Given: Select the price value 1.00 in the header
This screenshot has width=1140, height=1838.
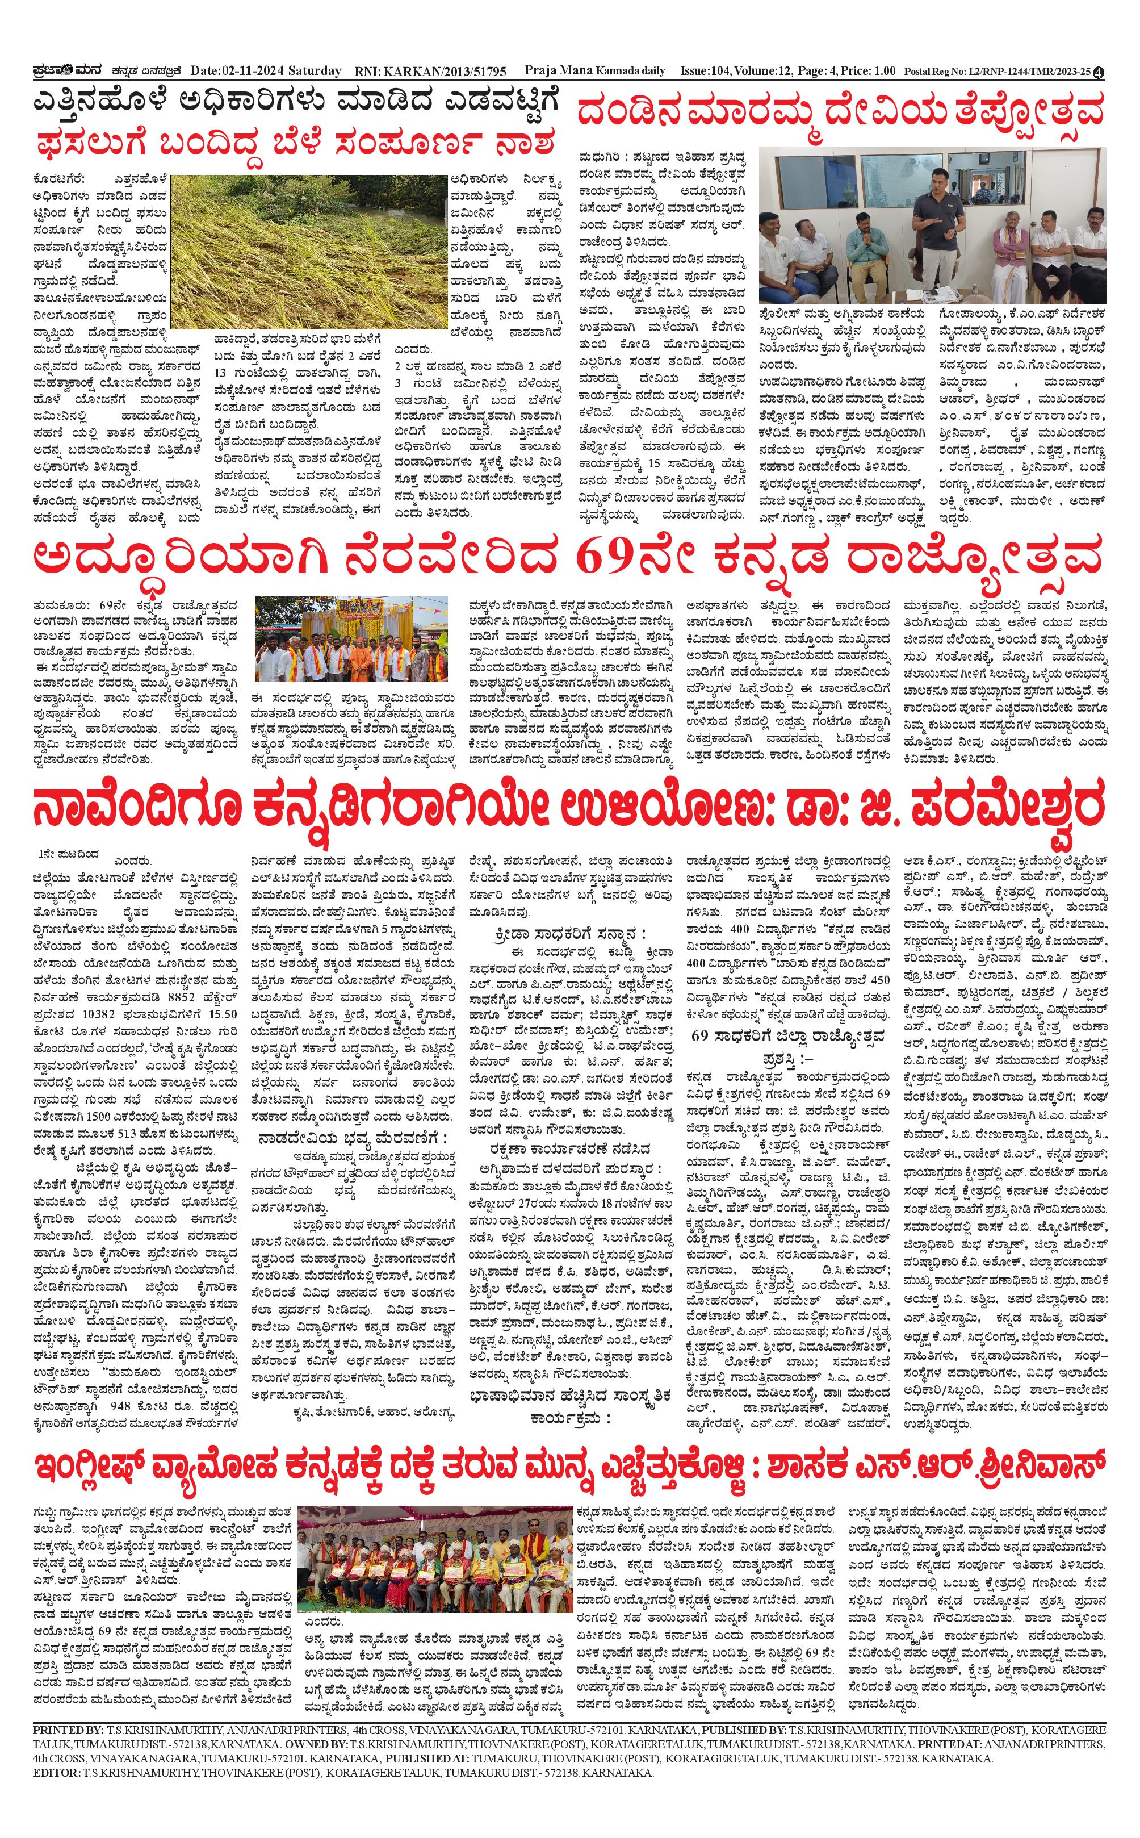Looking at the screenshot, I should pos(881,71).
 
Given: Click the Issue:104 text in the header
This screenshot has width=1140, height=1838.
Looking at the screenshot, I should pos(706,71).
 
